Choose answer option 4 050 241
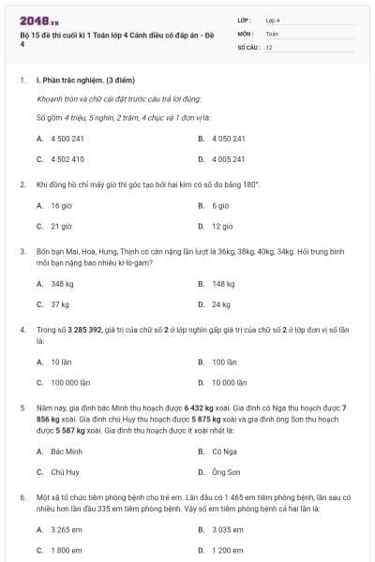tap(228, 139)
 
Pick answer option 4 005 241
tap(228, 159)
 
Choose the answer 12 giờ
tap(221, 226)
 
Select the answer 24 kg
tap(220, 304)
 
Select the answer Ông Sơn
tap(225, 472)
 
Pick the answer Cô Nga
tap(222, 451)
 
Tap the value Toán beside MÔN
tap(272, 33)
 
